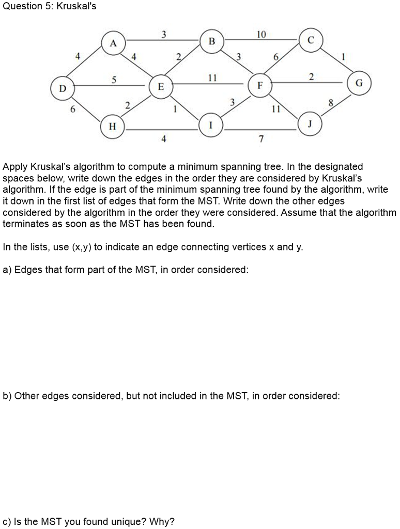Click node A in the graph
coord(113,43)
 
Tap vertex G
coord(360,83)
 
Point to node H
coord(113,126)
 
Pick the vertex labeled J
coord(310,123)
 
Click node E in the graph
coord(161,87)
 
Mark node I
coord(211,126)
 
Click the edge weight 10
coord(261,35)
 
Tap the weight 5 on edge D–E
coord(114,79)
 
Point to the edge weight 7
coord(261,139)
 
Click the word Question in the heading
coord(21,7)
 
